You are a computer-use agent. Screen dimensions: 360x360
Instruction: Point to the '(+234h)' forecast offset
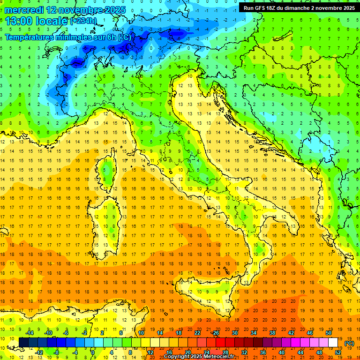pos(83,21)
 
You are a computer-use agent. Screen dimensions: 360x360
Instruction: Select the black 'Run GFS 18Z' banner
pos(299,7)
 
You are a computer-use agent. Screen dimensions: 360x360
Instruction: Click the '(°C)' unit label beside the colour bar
pos(350,344)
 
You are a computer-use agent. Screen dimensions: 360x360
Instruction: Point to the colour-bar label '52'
pos(338,352)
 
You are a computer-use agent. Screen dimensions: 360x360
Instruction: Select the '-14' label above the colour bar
pos(30,333)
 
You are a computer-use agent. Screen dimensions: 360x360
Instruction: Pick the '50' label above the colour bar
pos(329,333)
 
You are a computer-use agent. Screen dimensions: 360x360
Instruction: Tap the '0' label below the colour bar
pos(93,352)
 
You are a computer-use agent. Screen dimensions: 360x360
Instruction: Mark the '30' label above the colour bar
pos(234,333)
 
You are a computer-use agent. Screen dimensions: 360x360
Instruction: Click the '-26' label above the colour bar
pos(215,333)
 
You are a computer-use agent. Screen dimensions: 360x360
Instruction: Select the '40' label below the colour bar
pos(282,352)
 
